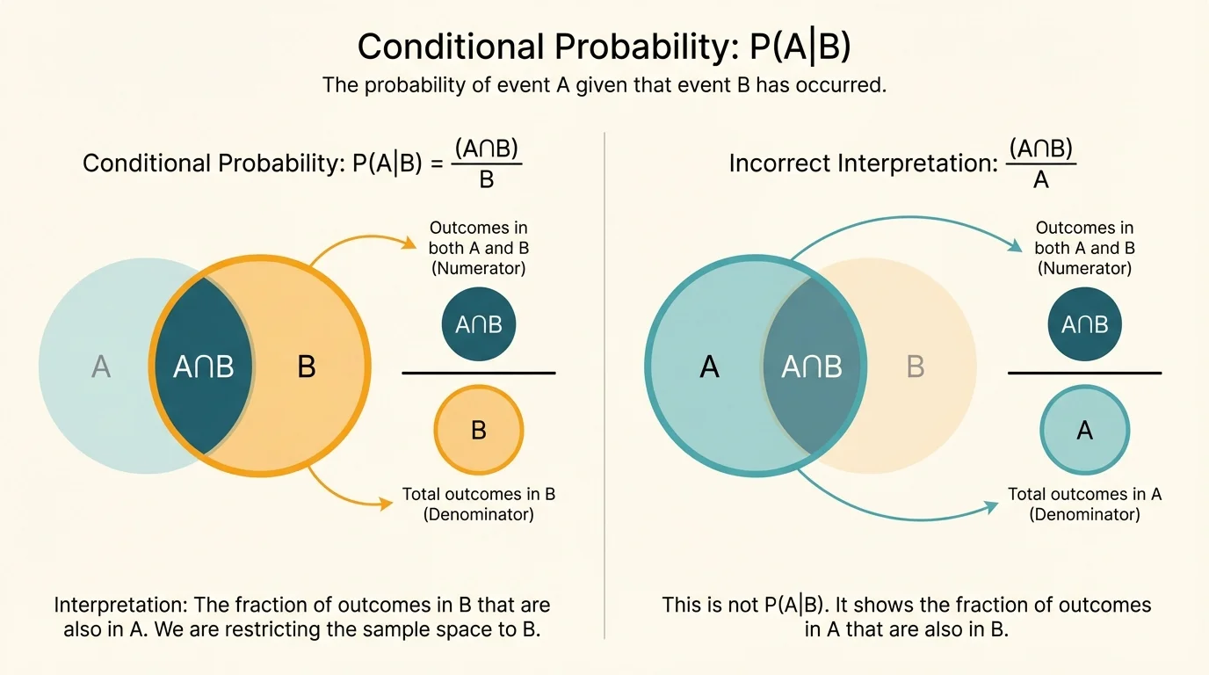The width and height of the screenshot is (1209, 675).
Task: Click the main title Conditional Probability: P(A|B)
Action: point(604,47)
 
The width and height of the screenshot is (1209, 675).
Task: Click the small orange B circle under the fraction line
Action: point(479,431)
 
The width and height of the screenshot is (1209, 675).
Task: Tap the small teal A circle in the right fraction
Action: point(1084,431)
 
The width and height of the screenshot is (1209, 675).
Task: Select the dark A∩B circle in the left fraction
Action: point(479,324)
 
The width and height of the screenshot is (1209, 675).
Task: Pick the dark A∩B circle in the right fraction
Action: point(1084,324)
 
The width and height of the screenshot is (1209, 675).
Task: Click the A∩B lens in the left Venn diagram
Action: point(204,366)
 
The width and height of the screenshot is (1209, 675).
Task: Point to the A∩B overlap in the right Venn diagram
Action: point(811,366)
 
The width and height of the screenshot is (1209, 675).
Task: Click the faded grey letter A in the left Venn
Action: point(101,366)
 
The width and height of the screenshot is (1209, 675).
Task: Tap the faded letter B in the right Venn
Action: point(916,366)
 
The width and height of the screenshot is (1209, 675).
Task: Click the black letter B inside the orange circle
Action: point(306,366)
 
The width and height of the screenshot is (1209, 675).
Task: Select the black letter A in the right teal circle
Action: point(709,366)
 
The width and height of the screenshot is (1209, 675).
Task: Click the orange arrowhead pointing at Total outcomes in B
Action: point(387,504)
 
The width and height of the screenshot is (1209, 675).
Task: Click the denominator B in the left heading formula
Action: point(487,180)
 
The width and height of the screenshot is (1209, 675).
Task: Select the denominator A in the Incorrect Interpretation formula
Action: point(1041,180)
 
